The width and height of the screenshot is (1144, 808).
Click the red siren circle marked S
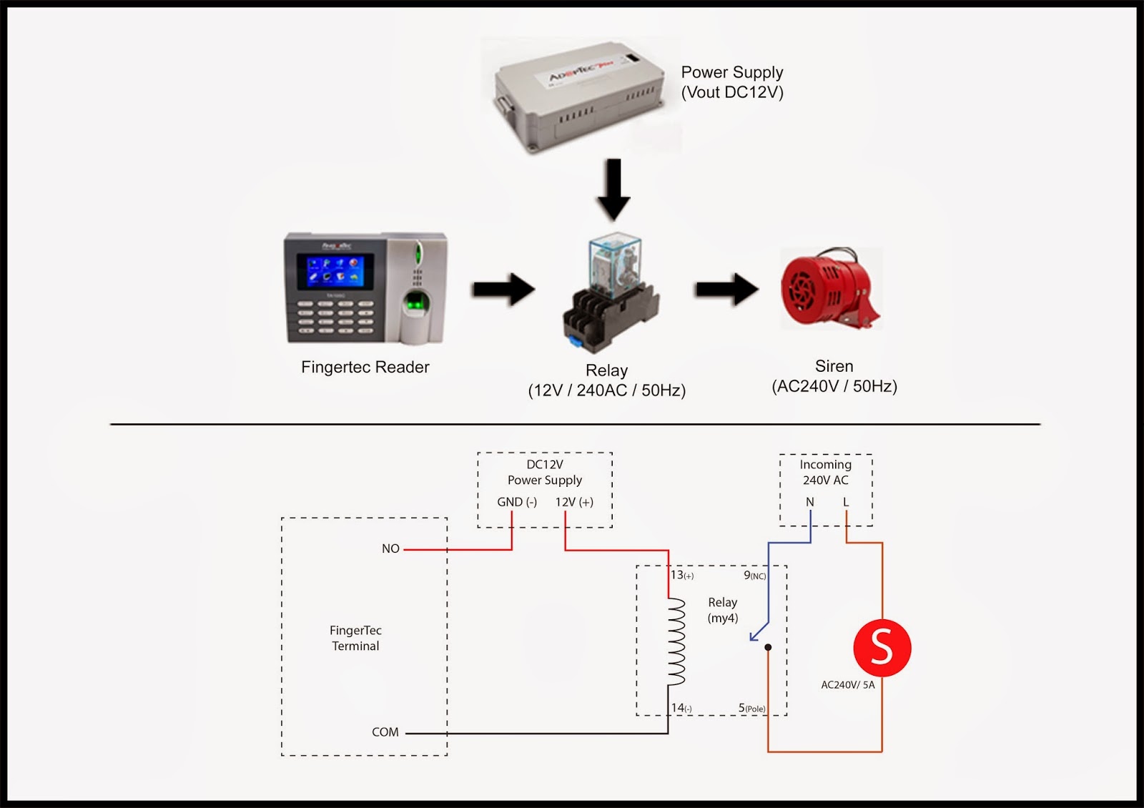pyautogui.click(x=882, y=647)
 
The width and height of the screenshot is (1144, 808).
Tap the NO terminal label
pyautogui.click(x=390, y=548)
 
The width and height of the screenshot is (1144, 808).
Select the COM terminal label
pyautogui.click(x=385, y=732)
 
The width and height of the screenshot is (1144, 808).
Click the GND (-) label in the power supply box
pyautogui.click(x=516, y=502)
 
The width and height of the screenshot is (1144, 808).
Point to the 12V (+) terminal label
pyautogui.click(x=574, y=502)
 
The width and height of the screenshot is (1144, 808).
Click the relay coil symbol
pyautogui.click(x=676, y=641)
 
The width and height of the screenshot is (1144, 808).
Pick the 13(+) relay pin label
pyautogui.click(x=681, y=575)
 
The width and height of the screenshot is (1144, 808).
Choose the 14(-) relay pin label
pyautogui.click(x=681, y=708)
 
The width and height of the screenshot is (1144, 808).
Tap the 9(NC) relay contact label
pyautogui.click(x=754, y=575)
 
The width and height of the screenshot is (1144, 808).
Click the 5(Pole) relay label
pyautogui.click(x=751, y=708)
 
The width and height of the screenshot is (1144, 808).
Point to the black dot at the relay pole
pyautogui.click(x=768, y=647)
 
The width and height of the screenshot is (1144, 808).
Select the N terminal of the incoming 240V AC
pyautogui.click(x=810, y=502)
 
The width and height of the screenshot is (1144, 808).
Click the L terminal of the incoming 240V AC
pyautogui.click(x=846, y=502)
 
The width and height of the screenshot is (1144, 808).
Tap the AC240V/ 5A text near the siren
pyautogui.click(x=847, y=685)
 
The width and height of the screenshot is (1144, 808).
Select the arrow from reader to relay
pyautogui.click(x=503, y=289)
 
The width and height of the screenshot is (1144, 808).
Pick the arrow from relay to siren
pyautogui.click(x=726, y=289)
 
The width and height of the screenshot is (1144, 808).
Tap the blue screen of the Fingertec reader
pyautogui.click(x=335, y=272)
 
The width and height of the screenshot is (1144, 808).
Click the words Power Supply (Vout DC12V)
pyautogui.click(x=731, y=82)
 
